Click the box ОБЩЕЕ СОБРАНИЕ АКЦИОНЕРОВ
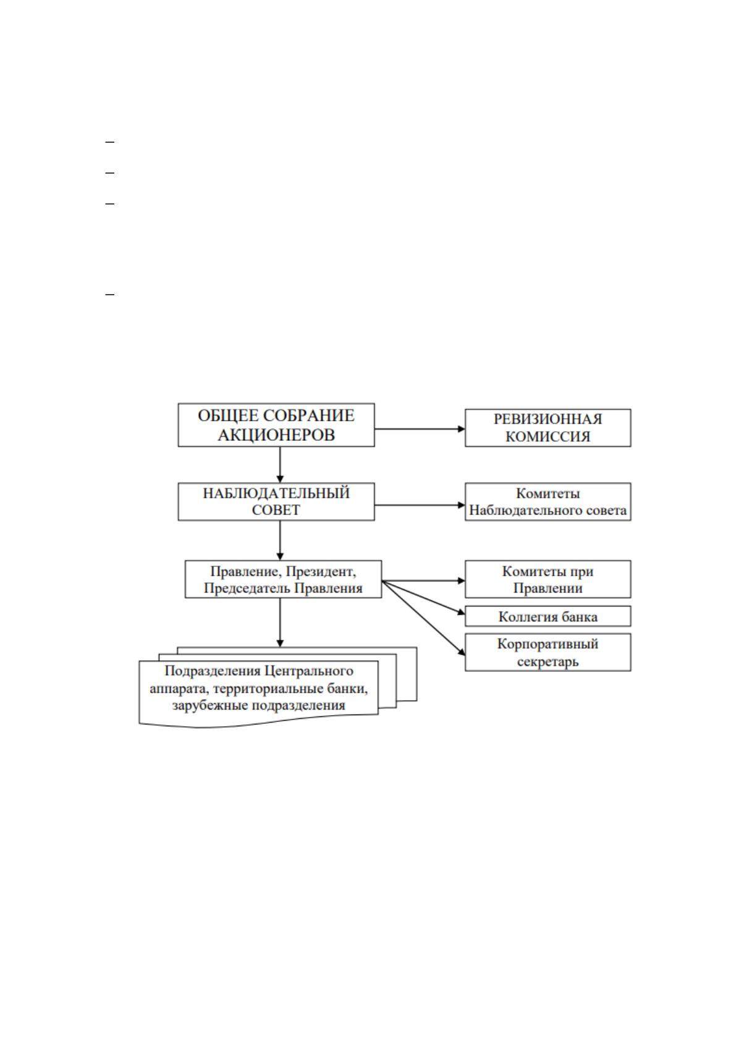click(276, 425)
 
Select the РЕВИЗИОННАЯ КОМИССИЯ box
click(548, 427)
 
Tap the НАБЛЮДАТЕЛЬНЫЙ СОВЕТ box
click(276, 501)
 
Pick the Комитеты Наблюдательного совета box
click(548, 501)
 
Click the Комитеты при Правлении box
click(548, 579)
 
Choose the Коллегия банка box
click(548, 616)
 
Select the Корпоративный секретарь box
click(548, 652)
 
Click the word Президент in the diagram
click(321, 571)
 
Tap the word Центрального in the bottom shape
click(308, 671)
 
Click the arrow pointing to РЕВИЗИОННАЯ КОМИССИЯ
click(420, 429)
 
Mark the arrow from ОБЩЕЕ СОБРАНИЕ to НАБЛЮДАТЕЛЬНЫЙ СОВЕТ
click(280, 465)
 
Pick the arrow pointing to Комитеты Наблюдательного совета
click(420, 505)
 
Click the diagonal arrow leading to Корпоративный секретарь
click(423, 618)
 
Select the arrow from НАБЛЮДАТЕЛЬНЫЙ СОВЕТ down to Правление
click(280, 540)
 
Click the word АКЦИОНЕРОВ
click(276, 435)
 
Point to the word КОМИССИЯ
click(548, 437)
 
